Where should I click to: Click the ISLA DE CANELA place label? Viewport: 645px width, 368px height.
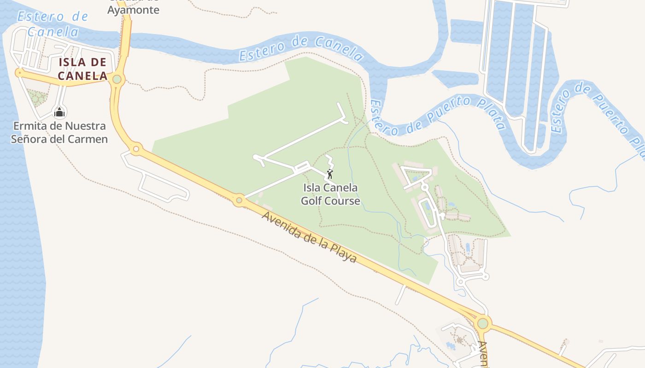tap(83, 69)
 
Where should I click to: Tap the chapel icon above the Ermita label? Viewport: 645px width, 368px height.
tap(59, 112)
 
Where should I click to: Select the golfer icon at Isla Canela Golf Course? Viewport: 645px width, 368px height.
tap(329, 174)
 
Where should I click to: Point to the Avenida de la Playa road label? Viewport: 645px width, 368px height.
tap(309, 237)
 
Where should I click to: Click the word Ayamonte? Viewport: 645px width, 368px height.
tap(133, 10)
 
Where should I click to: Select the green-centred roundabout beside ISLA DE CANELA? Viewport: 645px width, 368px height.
tap(117, 79)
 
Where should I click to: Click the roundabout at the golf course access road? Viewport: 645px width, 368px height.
tap(239, 200)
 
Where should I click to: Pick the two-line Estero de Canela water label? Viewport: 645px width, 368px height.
tap(52, 24)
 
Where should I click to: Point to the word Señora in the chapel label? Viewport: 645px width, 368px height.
tap(32, 139)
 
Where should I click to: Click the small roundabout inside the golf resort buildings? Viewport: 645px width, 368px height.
tap(424, 187)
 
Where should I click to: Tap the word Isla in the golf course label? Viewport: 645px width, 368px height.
tap(312, 188)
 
